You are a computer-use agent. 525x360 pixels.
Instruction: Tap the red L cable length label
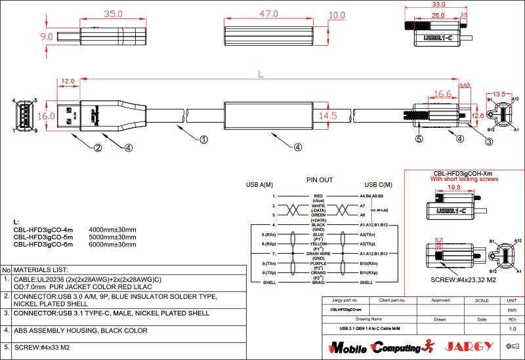[261, 75]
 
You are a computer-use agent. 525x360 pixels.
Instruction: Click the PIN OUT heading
[320, 179]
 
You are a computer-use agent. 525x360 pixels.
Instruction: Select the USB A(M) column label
[260, 186]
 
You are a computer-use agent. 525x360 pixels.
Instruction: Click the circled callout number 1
[203, 139]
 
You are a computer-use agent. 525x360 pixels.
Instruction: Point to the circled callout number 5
[418, 139]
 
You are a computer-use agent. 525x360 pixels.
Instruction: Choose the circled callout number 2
[97, 148]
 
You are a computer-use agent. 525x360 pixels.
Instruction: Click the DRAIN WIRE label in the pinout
[319, 252]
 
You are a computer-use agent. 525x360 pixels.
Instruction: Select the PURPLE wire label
[319, 263]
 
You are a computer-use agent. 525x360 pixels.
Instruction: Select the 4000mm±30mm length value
[112, 230]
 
